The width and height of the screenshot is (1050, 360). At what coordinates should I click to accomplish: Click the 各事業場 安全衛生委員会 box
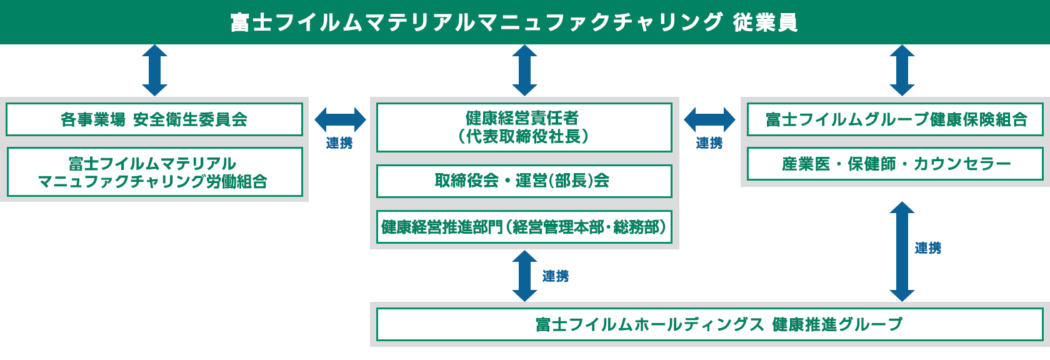(154, 119)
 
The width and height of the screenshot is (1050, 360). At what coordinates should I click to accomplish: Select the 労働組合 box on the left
(154, 172)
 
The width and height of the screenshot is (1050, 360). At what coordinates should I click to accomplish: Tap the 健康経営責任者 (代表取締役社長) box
(524, 127)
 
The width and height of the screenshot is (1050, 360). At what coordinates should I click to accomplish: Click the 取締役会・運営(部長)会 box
(524, 181)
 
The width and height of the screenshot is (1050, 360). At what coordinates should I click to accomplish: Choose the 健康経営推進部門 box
(524, 227)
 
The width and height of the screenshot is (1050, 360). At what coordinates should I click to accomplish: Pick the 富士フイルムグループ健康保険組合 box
(895, 119)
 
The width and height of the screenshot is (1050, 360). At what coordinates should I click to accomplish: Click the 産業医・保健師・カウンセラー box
(895, 164)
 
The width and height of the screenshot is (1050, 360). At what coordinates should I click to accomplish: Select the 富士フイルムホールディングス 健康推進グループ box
(709, 324)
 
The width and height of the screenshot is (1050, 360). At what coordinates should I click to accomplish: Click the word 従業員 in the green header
(765, 22)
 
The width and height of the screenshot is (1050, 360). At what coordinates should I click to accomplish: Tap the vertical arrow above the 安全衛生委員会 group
(154, 70)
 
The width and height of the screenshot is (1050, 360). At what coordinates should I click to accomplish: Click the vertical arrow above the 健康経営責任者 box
(524, 70)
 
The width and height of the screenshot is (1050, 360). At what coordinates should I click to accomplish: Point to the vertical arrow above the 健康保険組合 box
(902, 70)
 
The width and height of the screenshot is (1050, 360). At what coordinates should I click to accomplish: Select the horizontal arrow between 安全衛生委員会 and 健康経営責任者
(340, 119)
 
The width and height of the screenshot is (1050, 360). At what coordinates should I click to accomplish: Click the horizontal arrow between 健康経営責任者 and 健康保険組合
(709, 119)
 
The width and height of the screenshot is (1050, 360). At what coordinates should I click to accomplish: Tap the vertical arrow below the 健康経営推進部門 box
(524, 276)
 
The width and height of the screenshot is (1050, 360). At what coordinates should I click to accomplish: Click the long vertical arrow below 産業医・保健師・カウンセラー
(902, 251)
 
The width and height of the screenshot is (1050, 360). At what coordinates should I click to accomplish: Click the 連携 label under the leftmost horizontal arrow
(339, 143)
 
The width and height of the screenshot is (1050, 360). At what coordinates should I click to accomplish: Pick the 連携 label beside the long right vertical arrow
(928, 248)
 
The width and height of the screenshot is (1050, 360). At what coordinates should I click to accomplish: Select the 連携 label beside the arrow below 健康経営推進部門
(556, 276)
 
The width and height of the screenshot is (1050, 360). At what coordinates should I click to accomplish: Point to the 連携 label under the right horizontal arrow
(709, 143)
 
